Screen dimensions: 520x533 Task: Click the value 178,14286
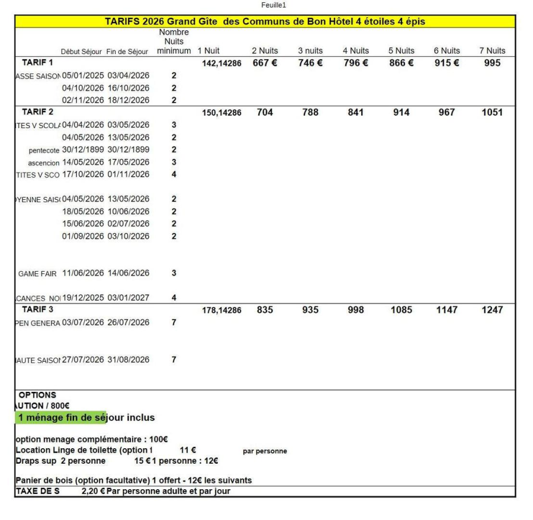click(x=222, y=311)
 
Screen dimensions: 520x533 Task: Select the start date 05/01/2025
click(x=83, y=75)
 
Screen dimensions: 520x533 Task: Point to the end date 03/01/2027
click(x=129, y=298)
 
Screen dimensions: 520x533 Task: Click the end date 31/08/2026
click(x=129, y=359)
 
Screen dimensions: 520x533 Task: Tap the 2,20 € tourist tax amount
click(x=93, y=491)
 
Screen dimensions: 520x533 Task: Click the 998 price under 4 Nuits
click(x=356, y=310)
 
